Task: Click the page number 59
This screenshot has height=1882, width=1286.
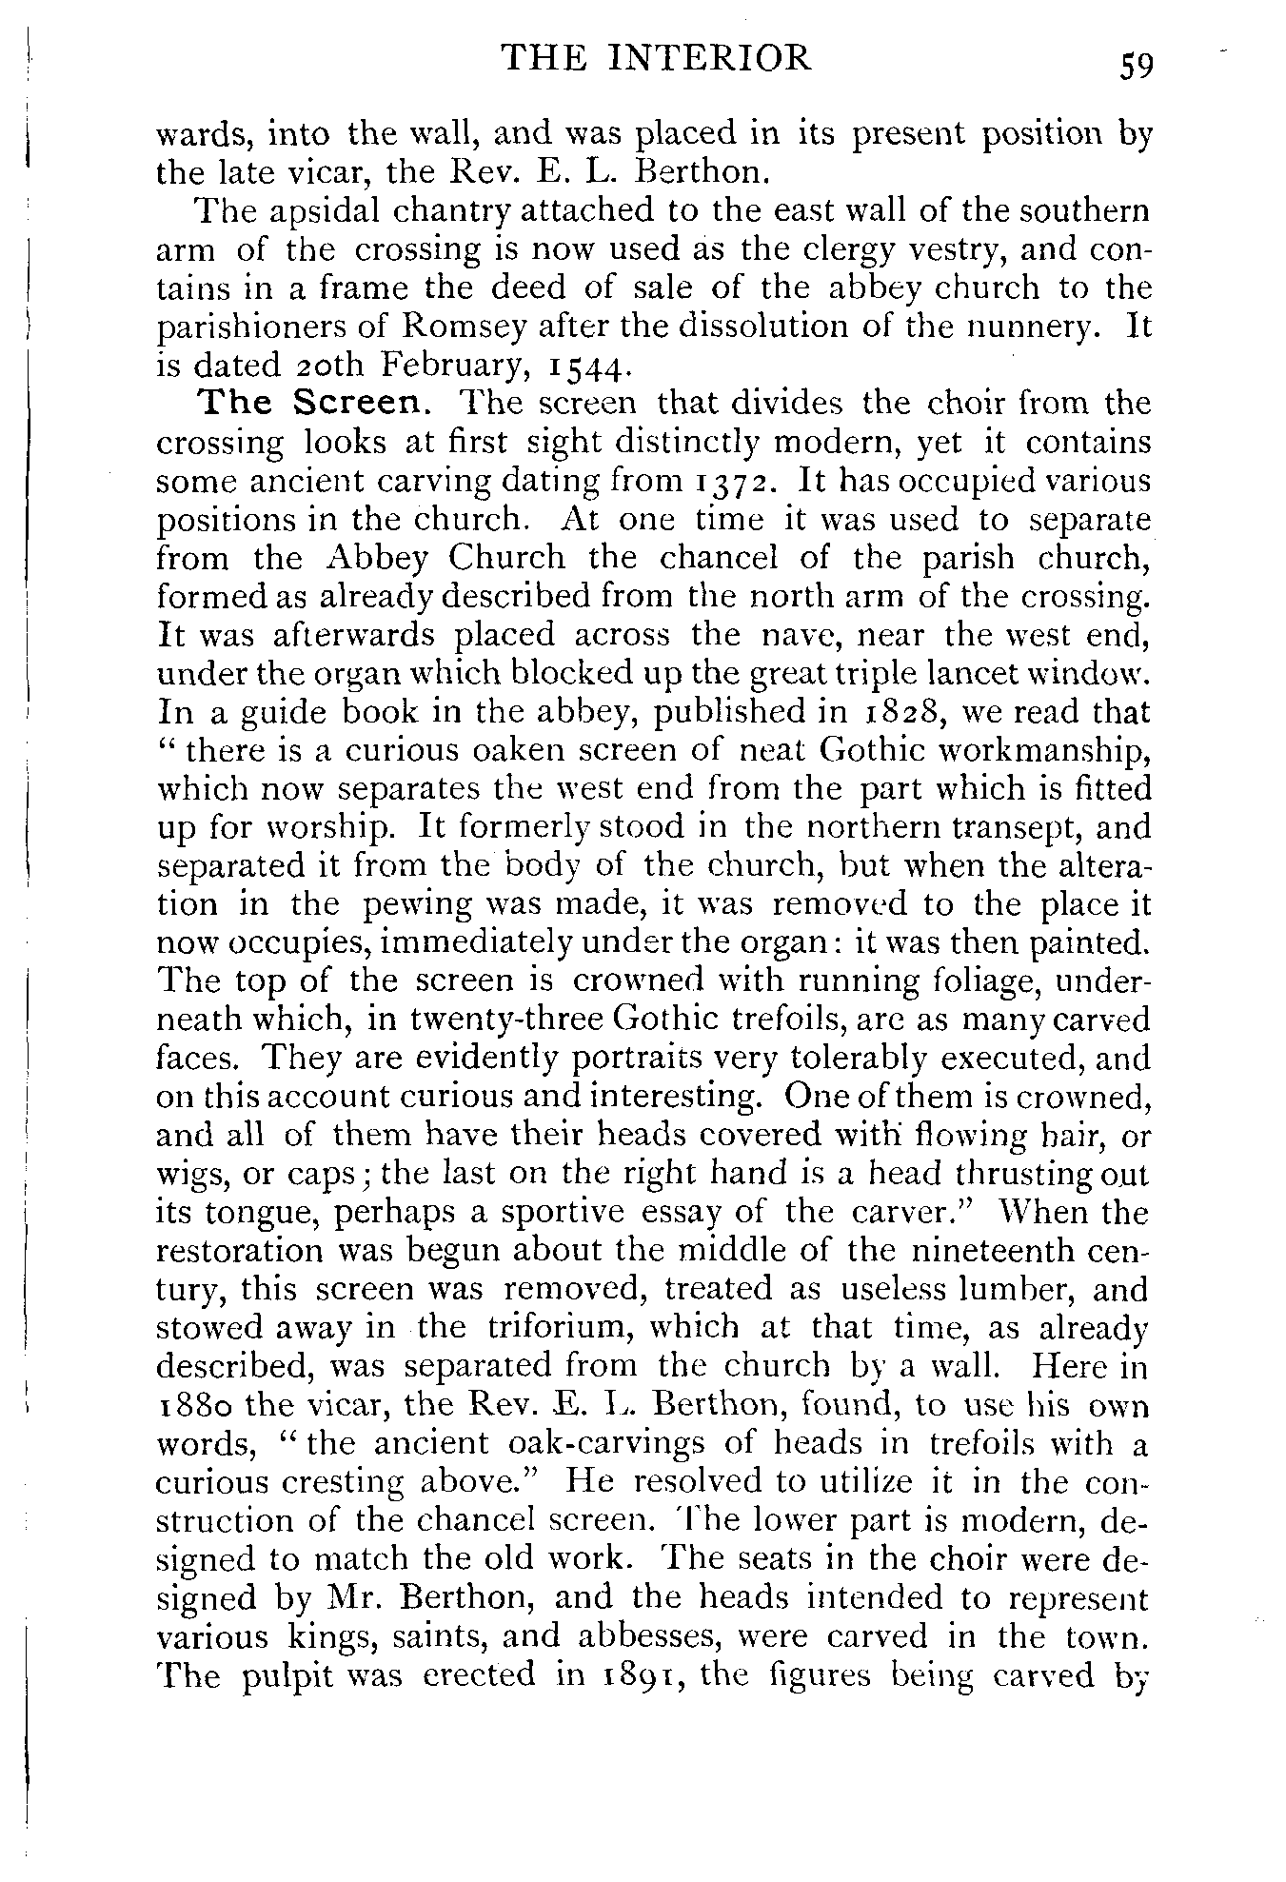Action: (1137, 67)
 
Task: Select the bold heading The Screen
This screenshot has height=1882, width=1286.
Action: (314, 404)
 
